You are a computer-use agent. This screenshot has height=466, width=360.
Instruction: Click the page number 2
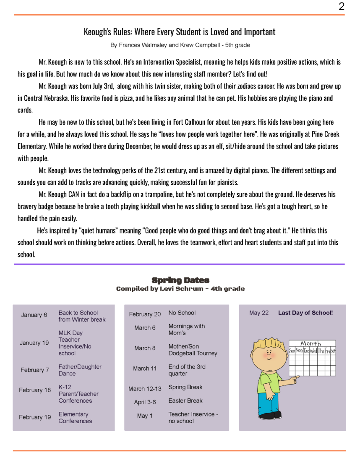(341, 6)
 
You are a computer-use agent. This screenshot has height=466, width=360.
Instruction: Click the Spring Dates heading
(180, 280)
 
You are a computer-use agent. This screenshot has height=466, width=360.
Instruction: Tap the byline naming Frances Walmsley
(180, 45)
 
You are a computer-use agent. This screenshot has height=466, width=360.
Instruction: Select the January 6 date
(34, 315)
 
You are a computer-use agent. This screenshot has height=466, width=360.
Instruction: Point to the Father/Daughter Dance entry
(80, 370)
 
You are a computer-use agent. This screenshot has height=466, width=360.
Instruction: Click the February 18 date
(35, 390)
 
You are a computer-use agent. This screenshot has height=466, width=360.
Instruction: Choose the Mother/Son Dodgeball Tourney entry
(193, 350)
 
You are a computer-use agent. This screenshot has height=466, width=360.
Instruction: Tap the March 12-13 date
(145, 389)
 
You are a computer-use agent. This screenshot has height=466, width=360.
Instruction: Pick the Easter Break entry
(185, 401)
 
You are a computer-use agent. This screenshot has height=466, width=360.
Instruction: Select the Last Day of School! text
(305, 313)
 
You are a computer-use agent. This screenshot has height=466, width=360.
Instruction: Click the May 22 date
(258, 313)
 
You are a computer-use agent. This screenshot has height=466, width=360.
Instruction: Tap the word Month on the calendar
(310, 344)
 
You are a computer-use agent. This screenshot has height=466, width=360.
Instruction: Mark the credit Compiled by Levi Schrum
(180, 289)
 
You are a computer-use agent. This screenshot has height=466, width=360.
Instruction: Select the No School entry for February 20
(182, 313)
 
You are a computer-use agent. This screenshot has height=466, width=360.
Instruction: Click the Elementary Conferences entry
(75, 417)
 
